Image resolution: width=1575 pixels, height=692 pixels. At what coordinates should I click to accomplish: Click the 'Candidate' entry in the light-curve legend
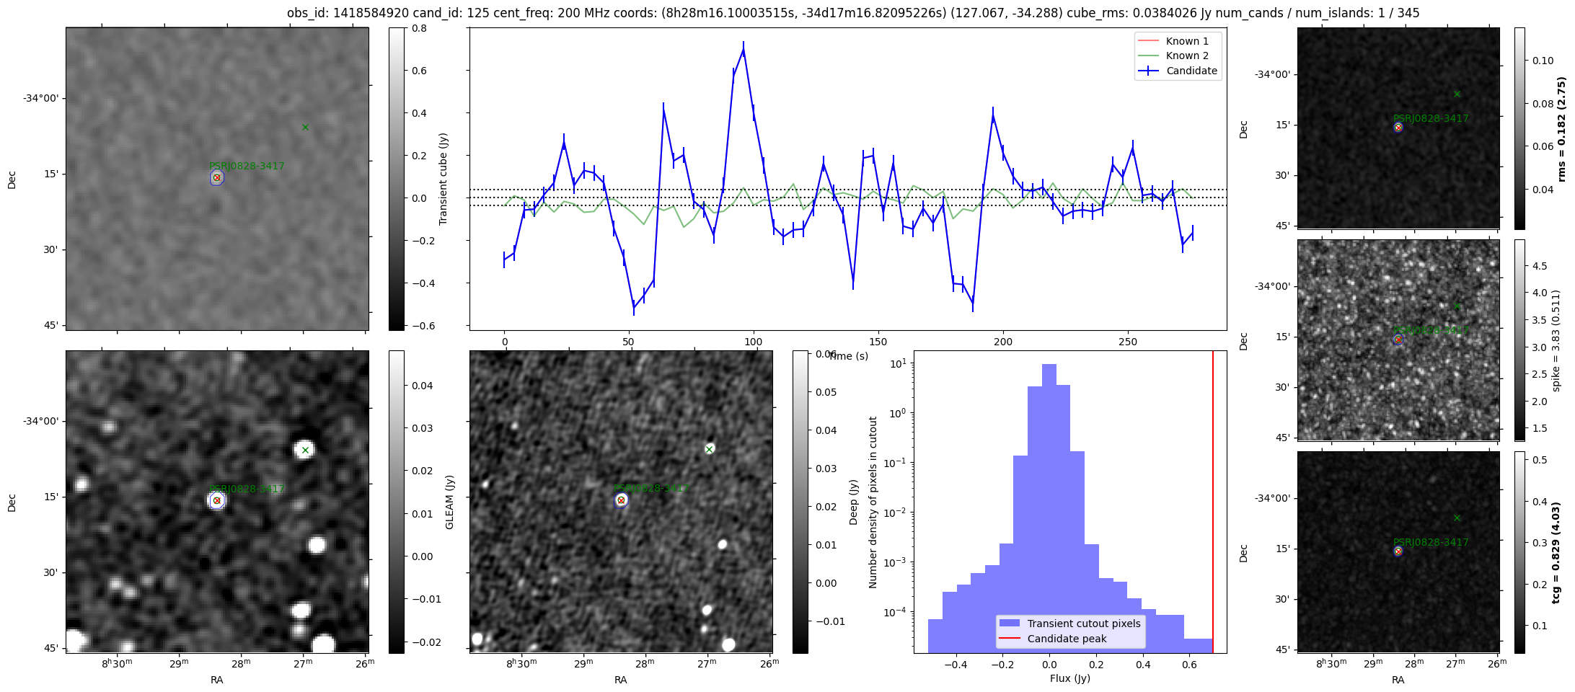tap(1191, 71)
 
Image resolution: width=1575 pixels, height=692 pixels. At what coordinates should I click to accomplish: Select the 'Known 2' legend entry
tap(1186, 56)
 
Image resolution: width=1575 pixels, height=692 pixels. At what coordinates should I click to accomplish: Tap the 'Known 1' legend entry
tap(1186, 41)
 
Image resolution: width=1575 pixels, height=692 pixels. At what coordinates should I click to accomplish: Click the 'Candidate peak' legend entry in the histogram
tap(1067, 639)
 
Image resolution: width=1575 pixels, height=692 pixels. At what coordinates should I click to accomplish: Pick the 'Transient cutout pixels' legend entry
tap(1083, 624)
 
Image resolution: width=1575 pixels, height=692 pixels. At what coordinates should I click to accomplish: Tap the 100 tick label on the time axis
tap(754, 342)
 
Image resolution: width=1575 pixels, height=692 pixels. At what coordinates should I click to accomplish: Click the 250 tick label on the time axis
tap(1128, 342)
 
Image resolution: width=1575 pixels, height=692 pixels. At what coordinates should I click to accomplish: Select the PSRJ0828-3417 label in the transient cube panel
tap(247, 166)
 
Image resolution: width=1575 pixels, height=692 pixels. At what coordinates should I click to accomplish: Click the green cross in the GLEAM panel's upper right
tap(305, 450)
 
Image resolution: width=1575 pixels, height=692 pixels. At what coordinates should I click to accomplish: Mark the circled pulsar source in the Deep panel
tap(621, 500)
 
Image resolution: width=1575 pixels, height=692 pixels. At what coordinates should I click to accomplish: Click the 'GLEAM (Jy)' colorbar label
tap(450, 502)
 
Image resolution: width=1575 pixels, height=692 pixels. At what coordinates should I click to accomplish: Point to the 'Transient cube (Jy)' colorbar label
tap(444, 179)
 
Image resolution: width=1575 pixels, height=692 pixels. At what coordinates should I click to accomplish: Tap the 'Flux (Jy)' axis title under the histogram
tap(1070, 678)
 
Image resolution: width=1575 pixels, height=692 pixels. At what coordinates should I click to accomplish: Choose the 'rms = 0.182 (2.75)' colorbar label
tap(1561, 128)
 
